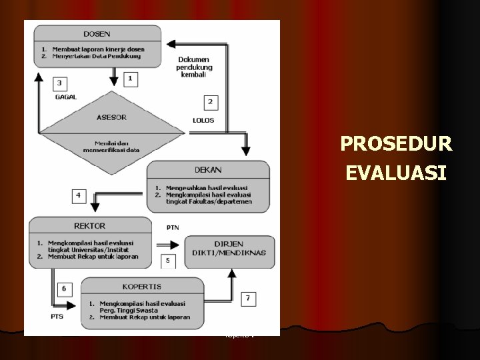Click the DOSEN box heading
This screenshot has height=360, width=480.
[98, 33]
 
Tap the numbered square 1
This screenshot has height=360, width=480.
[130, 79]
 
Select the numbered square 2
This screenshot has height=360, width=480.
[211, 101]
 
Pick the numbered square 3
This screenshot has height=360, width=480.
[61, 83]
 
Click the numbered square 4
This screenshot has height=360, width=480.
[80, 195]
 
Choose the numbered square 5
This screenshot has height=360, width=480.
[168, 260]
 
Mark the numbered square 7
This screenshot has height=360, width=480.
[247, 298]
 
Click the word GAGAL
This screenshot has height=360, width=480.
[66, 97]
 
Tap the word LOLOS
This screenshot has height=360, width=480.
[203, 121]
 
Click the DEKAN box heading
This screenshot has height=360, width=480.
[209, 170]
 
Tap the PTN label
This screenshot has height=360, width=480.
[172, 228]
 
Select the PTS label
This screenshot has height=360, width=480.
[56, 316]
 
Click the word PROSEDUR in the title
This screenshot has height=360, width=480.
[396, 144]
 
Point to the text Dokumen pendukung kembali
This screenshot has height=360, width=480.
[195, 66]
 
